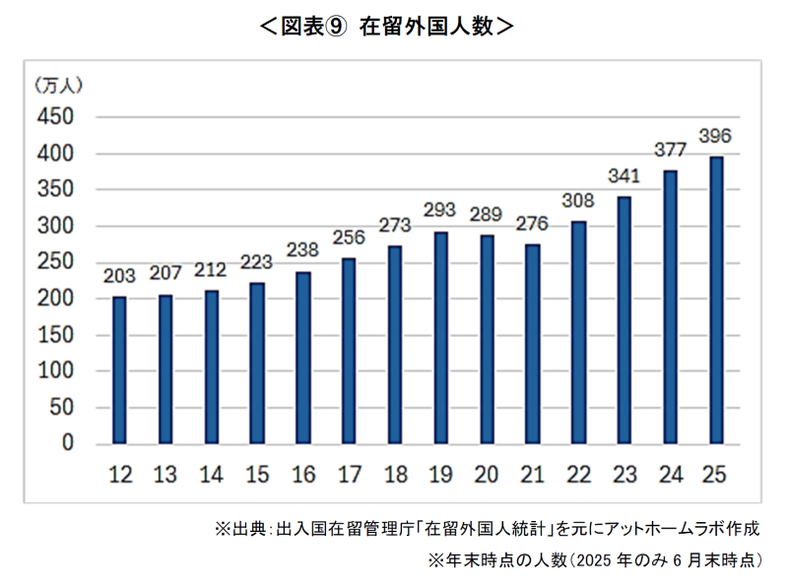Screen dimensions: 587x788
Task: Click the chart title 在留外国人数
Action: (424, 27)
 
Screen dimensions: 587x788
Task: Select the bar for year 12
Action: (119, 370)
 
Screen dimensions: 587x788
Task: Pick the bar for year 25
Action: (716, 300)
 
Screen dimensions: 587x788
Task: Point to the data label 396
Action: (715, 135)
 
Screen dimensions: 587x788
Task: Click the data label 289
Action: (486, 213)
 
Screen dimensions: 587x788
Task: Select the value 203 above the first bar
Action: (119, 276)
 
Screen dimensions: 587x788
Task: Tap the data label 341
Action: (624, 176)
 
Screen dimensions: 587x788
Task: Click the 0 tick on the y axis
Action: (68, 444)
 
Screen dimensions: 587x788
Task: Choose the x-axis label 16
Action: (302, 476)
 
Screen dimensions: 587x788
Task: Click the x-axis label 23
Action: (624, 476)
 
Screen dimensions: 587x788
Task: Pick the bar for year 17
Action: (349, 351)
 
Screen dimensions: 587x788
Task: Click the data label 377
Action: (670, 151)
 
